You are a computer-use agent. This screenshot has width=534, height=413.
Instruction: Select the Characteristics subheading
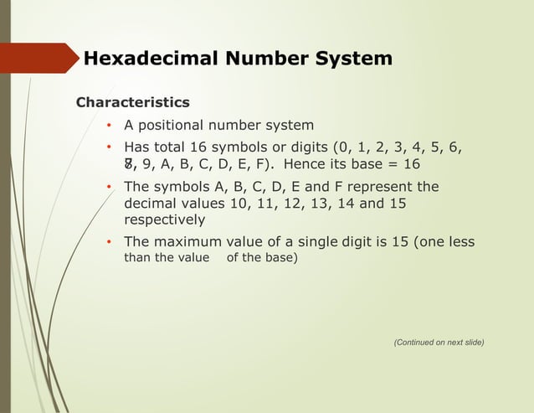click(x=132, y=103)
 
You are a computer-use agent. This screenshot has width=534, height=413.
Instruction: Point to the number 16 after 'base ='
click(x=411, y=164)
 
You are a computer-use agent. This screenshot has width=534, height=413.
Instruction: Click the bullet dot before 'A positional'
click(x=109, y=126)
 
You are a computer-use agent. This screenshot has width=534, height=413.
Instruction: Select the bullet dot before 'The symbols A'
click(x=109, y=187)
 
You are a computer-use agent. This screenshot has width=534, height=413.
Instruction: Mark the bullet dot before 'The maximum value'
click(x=109, y=242)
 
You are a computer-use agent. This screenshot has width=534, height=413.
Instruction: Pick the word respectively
click(x=164, y=219)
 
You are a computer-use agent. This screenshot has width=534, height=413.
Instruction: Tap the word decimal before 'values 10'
click(x=151, y=203)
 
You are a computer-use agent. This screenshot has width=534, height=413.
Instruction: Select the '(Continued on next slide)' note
click(x=439, y=343)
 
